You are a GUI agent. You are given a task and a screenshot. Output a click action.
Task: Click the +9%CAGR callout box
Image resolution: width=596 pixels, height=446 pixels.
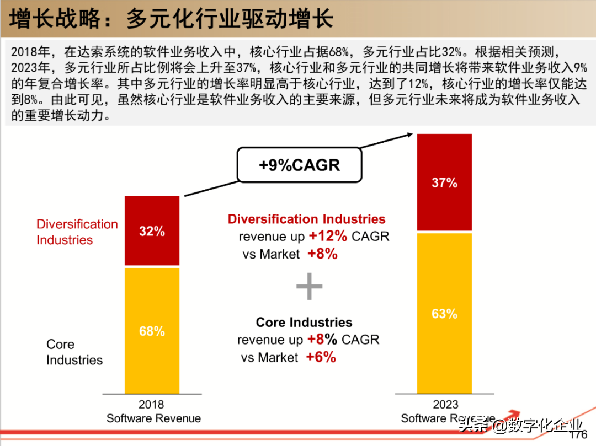[300, 164]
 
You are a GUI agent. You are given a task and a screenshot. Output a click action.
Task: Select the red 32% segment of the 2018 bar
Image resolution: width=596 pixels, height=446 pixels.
[152, 231]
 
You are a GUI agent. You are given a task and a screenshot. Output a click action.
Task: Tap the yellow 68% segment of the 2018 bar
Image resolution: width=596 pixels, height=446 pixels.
[152, 331]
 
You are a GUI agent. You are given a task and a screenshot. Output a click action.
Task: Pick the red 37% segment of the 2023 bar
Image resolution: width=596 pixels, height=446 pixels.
[444, 182]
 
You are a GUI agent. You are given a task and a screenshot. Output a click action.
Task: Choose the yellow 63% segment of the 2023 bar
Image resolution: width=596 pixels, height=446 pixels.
[444, 313]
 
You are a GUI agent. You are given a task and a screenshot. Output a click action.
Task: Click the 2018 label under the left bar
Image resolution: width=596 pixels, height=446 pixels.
[151, 405]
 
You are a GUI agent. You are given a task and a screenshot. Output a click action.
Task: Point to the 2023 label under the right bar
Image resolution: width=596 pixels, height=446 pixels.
[445, 405]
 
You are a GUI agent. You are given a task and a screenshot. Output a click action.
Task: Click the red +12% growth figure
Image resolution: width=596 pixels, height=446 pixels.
[328, 236]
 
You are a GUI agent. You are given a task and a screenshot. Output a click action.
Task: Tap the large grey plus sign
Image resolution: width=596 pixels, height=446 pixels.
[309, 287]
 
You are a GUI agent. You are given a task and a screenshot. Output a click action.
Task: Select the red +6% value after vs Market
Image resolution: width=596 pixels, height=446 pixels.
[321, 357]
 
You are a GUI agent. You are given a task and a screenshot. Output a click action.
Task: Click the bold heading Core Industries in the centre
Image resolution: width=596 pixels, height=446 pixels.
[304, 322]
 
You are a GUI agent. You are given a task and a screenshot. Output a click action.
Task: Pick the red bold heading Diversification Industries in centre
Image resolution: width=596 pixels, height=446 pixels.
[306, 219]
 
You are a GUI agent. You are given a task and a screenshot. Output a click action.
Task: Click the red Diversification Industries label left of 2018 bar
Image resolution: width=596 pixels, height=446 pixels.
[77, 232]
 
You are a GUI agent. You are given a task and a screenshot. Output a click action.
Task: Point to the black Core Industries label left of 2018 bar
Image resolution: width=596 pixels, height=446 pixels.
[74, 352]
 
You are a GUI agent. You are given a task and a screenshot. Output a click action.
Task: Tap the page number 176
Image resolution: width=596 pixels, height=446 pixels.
[578, 435]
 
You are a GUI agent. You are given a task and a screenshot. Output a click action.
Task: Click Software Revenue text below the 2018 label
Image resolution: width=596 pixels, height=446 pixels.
[153, 418]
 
